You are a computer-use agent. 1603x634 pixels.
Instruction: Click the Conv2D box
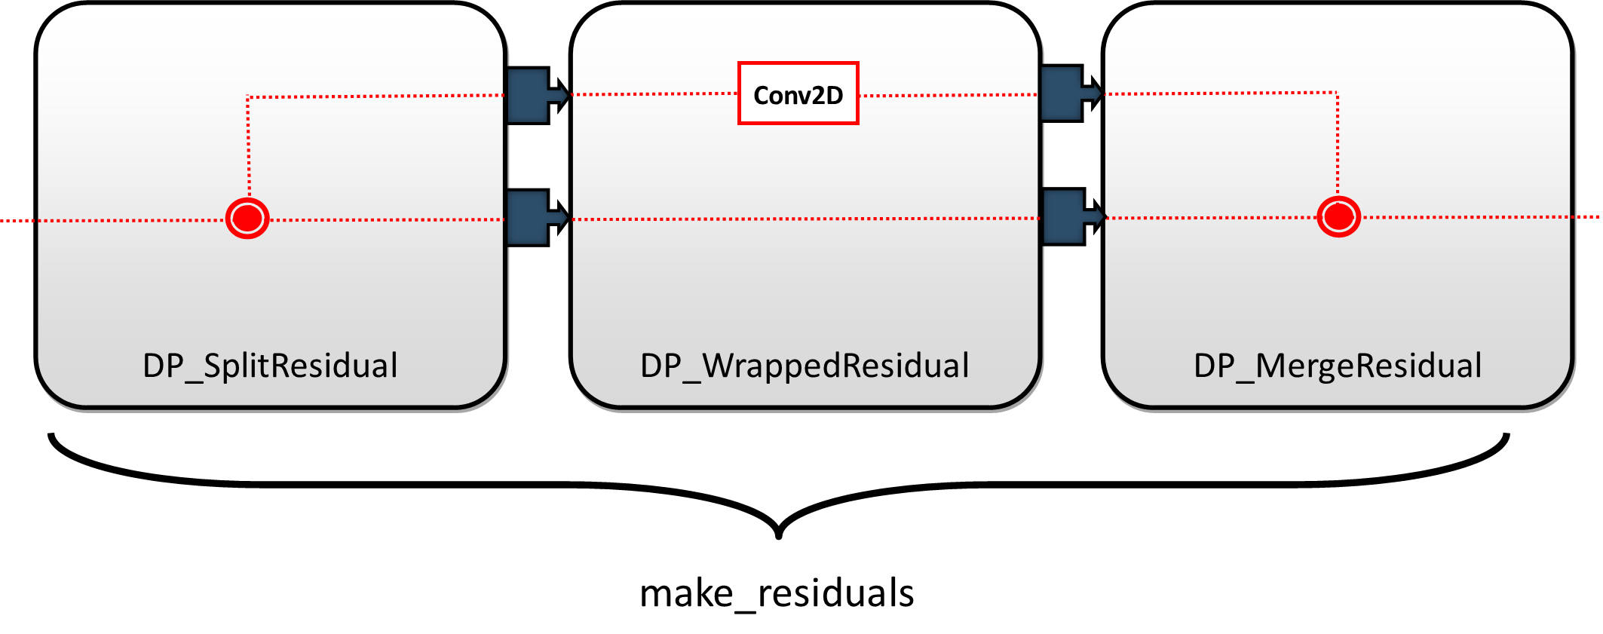click(x=798, y=93)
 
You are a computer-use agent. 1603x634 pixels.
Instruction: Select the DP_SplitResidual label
click(x=270, y=366)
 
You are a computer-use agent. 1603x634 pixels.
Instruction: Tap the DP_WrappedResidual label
click(x=805, y=366)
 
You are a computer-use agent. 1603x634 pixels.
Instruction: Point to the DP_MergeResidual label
click(x=1338, y=366)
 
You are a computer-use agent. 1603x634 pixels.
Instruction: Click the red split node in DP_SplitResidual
click(x=247, y=219)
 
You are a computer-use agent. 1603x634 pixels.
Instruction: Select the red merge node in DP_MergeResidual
click(x=1338, y=217)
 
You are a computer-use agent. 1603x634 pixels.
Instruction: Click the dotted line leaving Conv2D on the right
click(x=947, y=95)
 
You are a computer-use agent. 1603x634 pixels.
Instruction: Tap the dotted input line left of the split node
click(x=128, y=220)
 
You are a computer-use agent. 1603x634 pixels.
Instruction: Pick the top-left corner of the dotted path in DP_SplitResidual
click(x=248, y=97)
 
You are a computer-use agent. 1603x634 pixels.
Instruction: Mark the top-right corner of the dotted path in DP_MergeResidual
click(x=1337, y=93)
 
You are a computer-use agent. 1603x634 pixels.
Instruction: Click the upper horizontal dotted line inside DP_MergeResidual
click(x=1221, y=93)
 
